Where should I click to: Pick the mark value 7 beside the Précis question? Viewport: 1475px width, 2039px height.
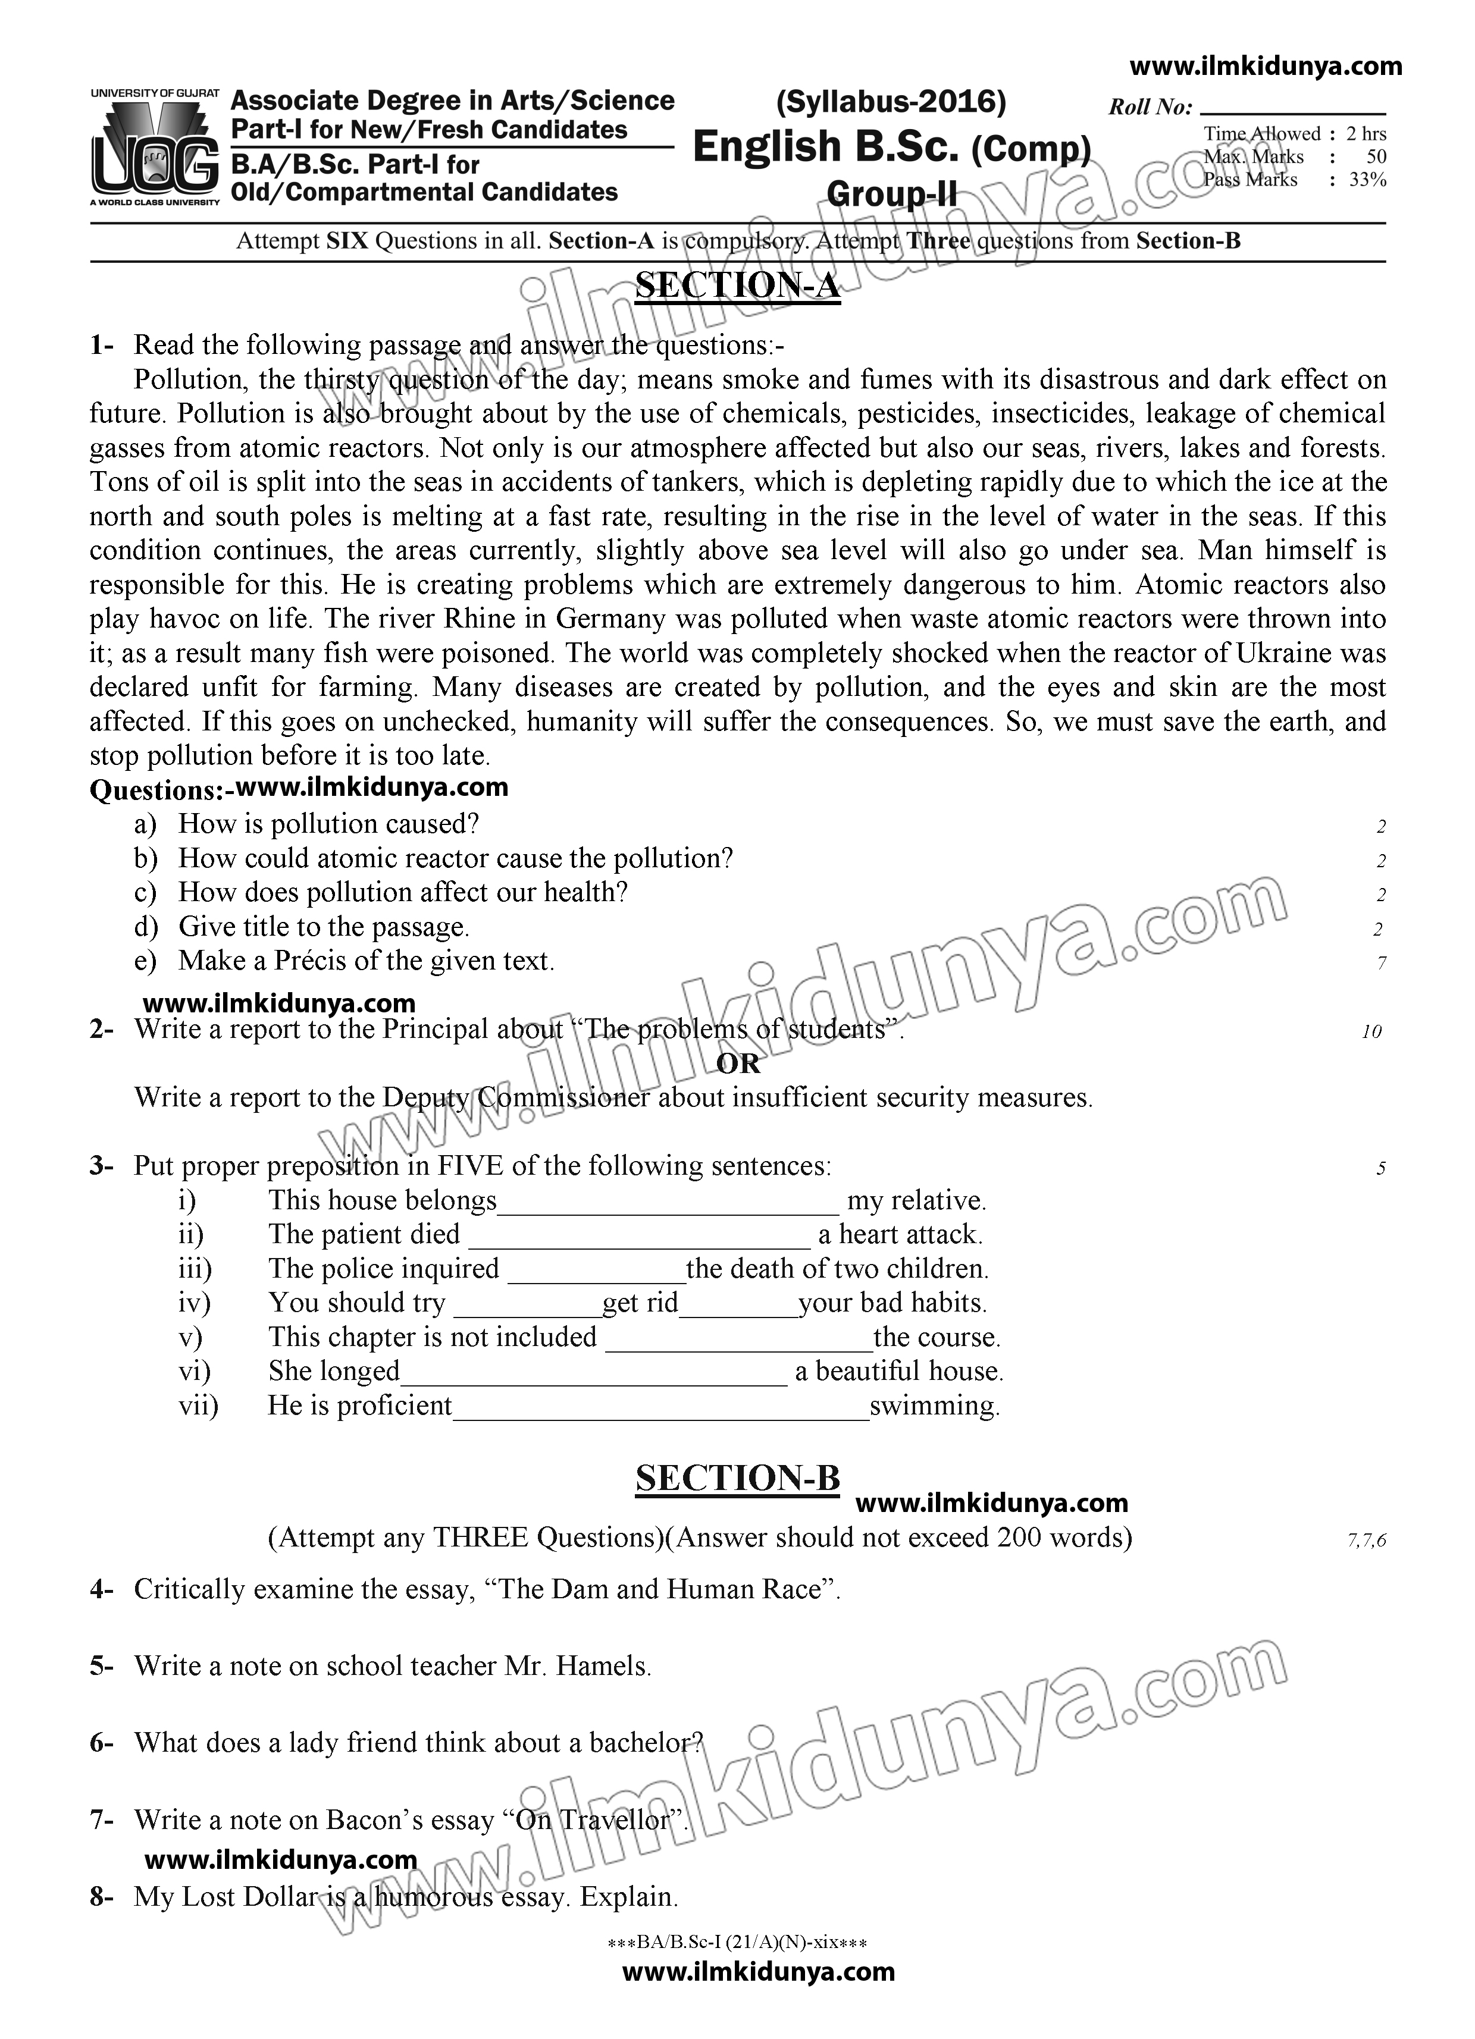tap(1380, 964)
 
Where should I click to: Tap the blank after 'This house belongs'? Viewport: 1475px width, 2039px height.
tap(668, 1204)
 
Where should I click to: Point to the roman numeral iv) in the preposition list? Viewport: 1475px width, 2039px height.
tap(195, 1303)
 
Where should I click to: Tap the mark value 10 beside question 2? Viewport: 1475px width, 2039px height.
tap(1371, 1032)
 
